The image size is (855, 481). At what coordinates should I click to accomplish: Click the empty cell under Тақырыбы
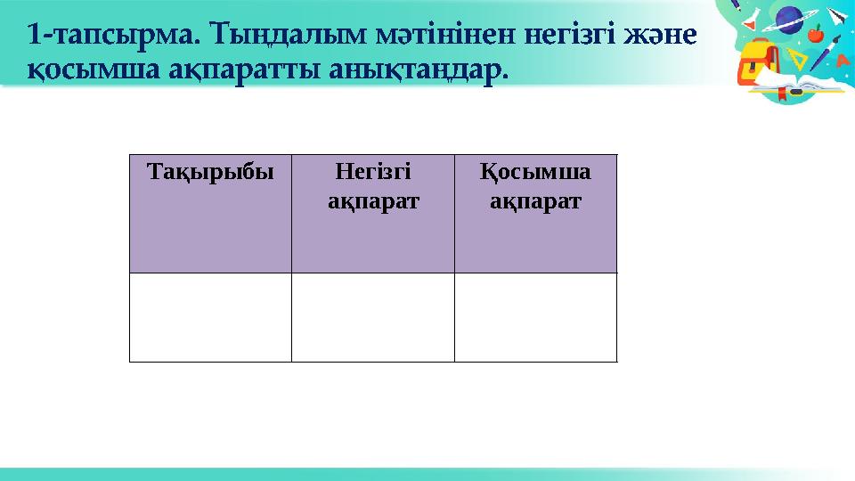coord(210,317)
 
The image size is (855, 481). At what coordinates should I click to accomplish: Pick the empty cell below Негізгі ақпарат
coord(373,317)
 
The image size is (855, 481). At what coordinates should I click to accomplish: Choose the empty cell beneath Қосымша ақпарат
coord(535,317)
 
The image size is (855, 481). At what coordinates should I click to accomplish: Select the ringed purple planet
coord(789,19)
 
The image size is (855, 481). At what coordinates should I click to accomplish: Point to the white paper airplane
coord(838,16)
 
